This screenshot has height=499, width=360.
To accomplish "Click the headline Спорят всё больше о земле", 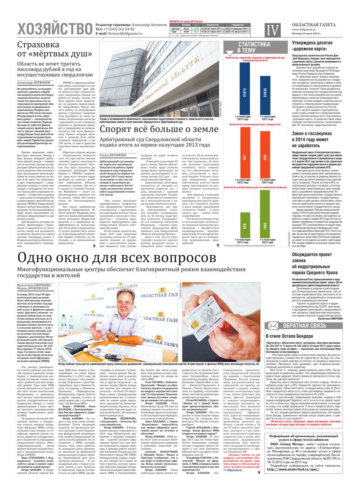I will pos(156,130).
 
